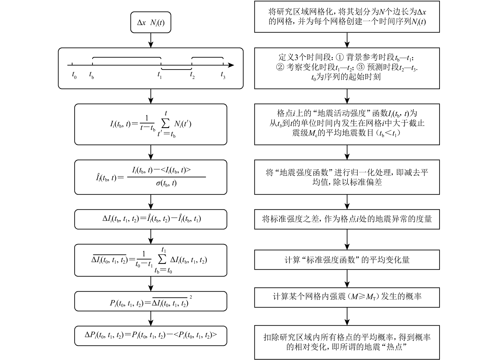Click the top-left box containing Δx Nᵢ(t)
(151, 22)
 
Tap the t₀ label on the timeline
(74, 74)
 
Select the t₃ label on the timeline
(223, 74)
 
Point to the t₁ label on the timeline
(160, 74)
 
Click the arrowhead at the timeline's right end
(231, 65)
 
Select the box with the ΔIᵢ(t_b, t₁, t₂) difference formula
(151, 219)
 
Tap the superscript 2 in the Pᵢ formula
(191, 297)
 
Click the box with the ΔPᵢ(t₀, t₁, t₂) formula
(151, 336)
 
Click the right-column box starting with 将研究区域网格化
(347, 17)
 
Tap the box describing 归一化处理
(347, 177)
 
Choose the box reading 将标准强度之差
(347, 219)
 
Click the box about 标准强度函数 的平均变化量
(347, 260)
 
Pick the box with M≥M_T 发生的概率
(347, 297)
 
